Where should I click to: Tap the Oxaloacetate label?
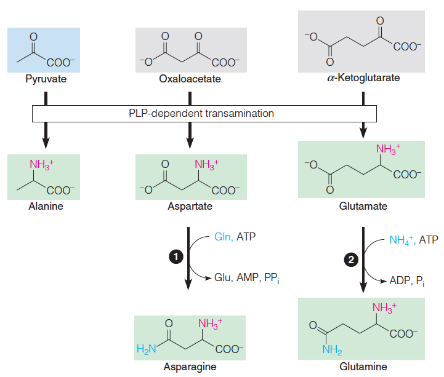(x=190, y=79)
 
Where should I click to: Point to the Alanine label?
(x=44, y=207)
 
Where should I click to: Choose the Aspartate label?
(x=190, y=207)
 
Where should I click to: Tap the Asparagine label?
(x=190, y=367)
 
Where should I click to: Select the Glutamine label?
(x=363, y=367)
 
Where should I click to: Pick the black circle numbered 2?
(x=352, y=260)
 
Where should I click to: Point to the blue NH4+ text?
(x=402, y=240)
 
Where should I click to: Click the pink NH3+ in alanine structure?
(x=42, y=165)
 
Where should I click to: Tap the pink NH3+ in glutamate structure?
(x=388, y=148)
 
